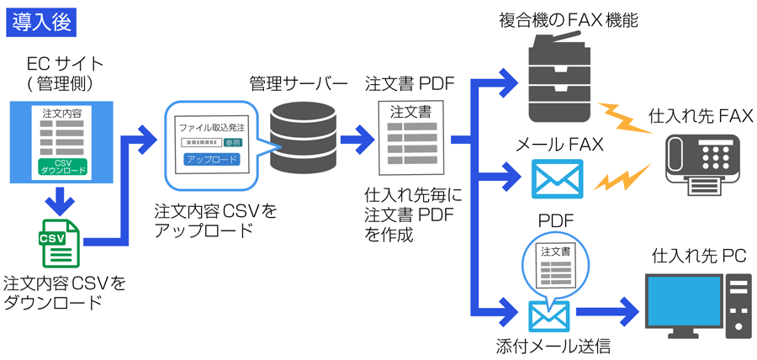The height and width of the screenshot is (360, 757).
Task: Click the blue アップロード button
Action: (212, 158)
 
